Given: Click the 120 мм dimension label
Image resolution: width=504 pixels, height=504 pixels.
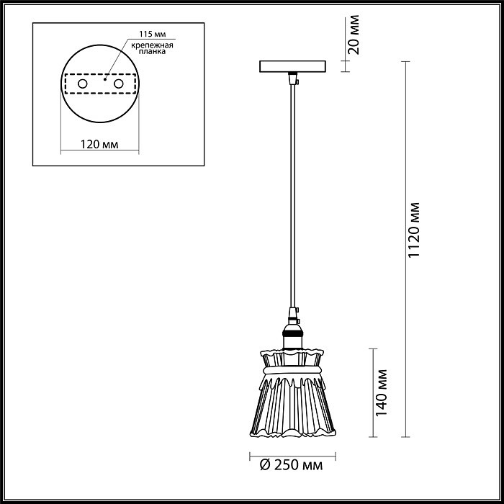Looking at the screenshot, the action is pos(99,145).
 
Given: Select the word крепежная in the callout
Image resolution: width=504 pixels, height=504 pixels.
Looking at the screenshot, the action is pos(153,45).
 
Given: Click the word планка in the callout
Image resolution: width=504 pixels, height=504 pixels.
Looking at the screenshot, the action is pos(153,51).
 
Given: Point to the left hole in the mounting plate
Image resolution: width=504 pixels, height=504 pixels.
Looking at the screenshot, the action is pos(83,84).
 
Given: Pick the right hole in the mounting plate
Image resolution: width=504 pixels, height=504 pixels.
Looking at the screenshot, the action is pos(119,84).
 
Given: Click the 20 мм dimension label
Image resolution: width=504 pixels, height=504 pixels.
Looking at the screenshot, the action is pos(354,35).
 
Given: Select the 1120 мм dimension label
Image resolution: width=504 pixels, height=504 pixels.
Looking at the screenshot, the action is pos(414,230).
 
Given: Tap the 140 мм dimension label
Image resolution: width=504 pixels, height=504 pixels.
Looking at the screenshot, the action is pos(382,393).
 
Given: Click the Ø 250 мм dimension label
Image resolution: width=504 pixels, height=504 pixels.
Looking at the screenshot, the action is pos(291,465).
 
